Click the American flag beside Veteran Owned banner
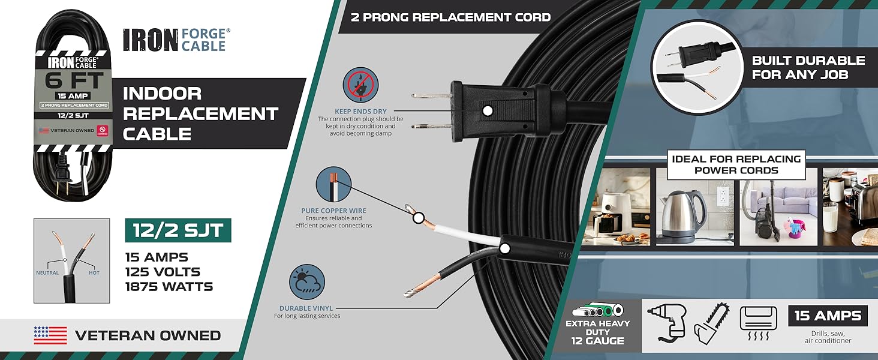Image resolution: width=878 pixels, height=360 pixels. [x=50, y=335]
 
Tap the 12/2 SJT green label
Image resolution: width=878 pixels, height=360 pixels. [x=178, y=231]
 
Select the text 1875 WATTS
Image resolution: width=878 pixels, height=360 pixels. [x=169, y=287]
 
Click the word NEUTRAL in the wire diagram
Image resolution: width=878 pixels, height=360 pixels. [x=47, y=273]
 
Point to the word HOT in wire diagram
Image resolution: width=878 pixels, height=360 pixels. [x=94, y=273]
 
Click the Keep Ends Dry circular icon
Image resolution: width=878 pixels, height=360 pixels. [x=360, y=85]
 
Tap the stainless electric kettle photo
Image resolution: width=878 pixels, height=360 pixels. [x=694, y=207]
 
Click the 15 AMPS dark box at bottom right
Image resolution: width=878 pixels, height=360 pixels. [x=828, y=316]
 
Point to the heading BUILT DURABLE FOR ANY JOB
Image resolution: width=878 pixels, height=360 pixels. [x=808, y=68]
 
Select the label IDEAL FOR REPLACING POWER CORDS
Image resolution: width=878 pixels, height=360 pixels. [x=736, y=164]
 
